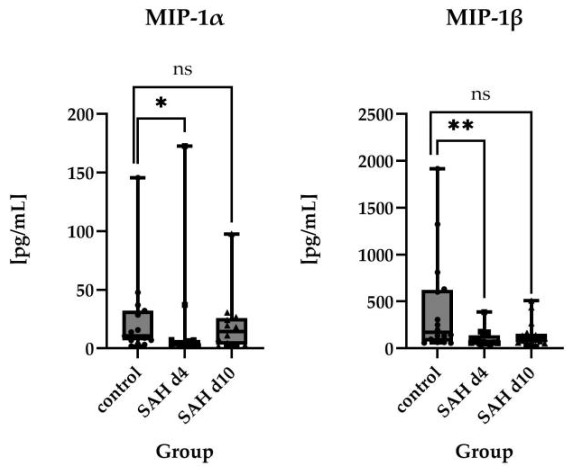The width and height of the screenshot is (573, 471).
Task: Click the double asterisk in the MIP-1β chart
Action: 461,126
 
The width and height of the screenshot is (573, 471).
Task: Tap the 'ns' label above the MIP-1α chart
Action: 182,70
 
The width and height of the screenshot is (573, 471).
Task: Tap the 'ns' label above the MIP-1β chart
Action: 481,94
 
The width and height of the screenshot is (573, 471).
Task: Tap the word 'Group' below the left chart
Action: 184,452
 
